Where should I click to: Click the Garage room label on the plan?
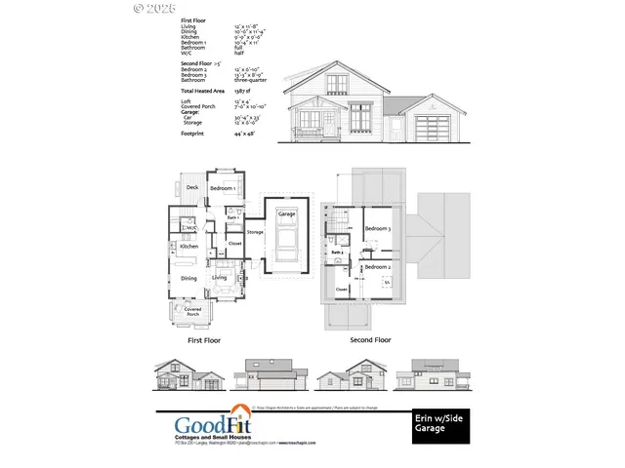[286, 213]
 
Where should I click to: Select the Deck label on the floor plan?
[192, 187]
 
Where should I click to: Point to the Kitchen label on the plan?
[189, 247]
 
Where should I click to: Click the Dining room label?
[189, 278]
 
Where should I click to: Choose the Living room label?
[221, 278]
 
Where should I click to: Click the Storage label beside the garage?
[255, 232]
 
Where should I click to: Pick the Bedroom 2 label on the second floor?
[378, 266]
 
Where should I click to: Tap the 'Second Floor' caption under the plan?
[370, 341]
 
